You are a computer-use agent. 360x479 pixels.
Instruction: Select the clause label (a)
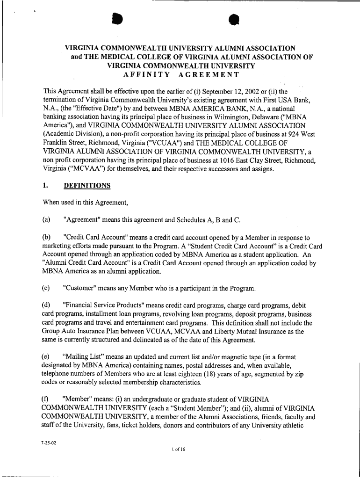tap(46, 220)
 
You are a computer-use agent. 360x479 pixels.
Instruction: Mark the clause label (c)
tap(46, 286)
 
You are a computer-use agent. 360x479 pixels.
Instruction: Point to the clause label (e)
tap(46, 357)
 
